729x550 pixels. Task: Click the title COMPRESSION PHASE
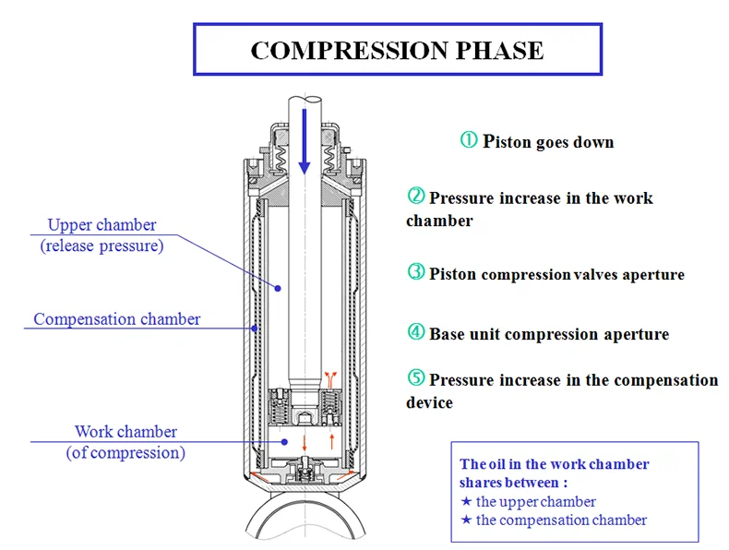click(397, 50)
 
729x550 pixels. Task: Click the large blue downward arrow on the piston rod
click(305, 141)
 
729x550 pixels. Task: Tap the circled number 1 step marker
click(469, 139)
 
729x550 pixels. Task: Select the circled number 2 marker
click(416, 196)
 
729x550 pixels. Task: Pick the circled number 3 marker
click(416, 271)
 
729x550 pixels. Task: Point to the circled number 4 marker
click(416, 331)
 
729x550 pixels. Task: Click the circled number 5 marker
click(416, 377)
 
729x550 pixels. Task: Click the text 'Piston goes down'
click(548, 141)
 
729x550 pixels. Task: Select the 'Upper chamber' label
click(102, 225)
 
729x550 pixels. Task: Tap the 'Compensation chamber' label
click(116, 319)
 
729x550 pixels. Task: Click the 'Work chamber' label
click(125, 432)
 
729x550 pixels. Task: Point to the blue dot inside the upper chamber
click(278, 288)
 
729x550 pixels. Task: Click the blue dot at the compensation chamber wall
click(255, 329)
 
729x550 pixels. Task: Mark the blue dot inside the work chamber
click(284, 442)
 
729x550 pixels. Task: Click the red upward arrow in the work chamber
click(332, 441)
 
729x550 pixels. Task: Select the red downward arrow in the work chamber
click(305, 443)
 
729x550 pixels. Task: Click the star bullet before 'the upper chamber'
click(466, 501)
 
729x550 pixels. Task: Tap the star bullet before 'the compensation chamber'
click(466, 520)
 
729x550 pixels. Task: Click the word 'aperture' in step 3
click(653, 275)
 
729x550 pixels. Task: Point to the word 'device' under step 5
click(429, 402)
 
